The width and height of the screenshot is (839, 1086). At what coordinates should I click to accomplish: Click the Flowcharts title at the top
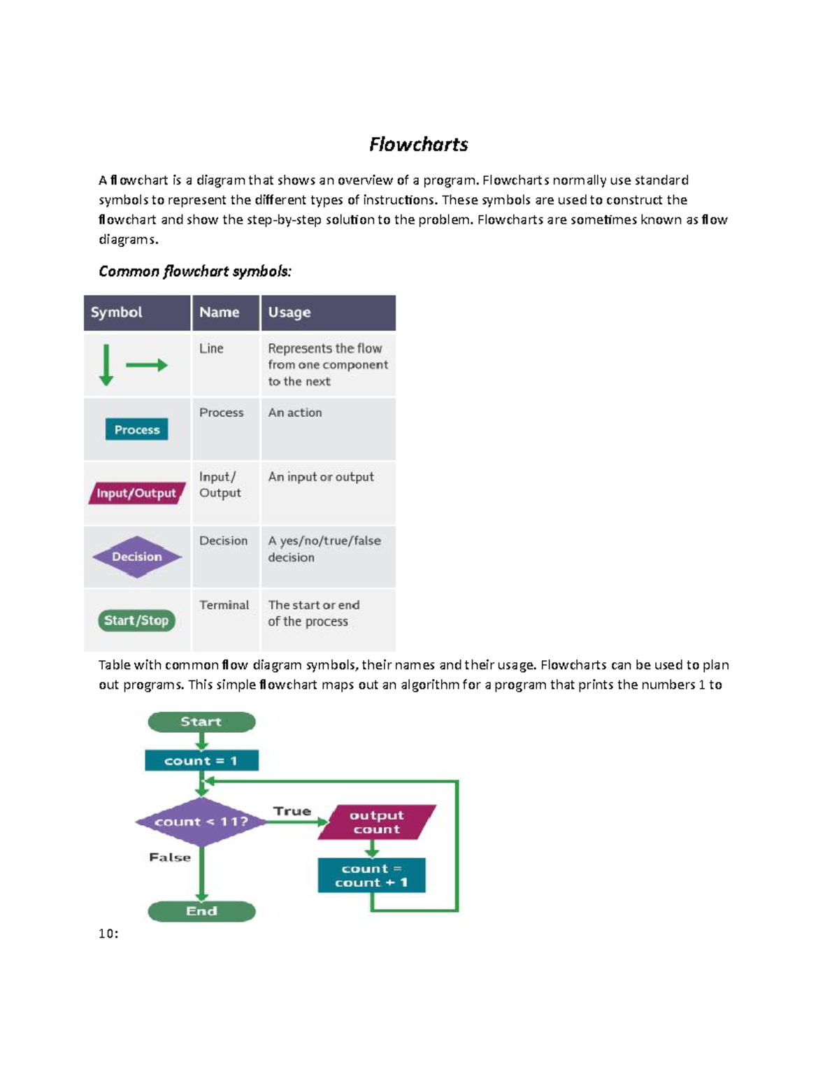(x=418, y=144)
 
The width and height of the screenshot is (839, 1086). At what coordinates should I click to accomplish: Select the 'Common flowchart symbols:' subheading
(x=194, y=271)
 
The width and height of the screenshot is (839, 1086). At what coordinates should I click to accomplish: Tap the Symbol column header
(x=116, y=313)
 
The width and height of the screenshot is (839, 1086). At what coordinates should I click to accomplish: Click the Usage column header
(x=289, y=313)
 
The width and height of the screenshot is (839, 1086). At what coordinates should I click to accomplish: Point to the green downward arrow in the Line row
(x=106, y=364)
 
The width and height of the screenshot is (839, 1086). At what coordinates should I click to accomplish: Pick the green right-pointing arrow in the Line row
(x=147, y=365)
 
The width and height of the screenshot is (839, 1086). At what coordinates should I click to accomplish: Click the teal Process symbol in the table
(x=137, y=429)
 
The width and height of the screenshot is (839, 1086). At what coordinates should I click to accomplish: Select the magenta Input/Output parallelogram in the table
(x=136, y=493)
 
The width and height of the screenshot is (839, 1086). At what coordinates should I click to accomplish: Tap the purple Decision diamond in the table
(x=137, y=557)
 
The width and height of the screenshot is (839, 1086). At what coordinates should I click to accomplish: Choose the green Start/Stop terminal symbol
(x=136, y=620)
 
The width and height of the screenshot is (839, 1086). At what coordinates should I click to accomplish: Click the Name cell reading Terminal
(x=224, y=605)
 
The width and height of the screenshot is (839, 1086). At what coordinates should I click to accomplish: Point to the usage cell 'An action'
(x=295, y=413)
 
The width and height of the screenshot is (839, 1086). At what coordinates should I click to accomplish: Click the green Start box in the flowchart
(x=201, y=722)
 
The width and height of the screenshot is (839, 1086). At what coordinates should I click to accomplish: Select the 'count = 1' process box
(x=201, y=760)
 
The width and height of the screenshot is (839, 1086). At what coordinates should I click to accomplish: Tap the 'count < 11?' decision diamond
(x=201, y=822)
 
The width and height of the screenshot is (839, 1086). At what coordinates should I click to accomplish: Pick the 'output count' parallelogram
(x=377, y=822)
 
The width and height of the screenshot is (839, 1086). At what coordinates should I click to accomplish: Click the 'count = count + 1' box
(x=371, y=876)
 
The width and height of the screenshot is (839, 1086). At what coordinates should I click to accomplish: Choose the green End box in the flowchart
(x=201, y=911)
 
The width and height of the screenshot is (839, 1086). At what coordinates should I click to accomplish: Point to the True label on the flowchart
(x=292, y=811)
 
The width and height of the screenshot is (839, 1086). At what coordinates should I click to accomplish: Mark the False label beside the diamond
(x=170, y=857)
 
